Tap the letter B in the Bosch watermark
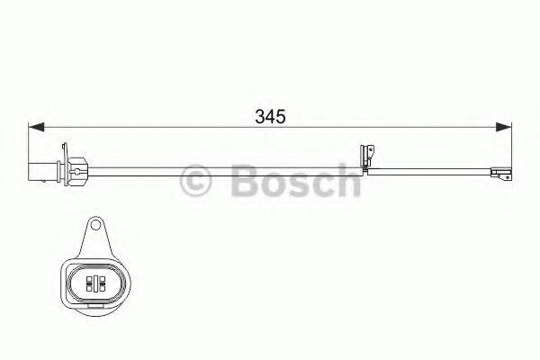[x=240, y=180]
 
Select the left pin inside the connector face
[x=88, y=283]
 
